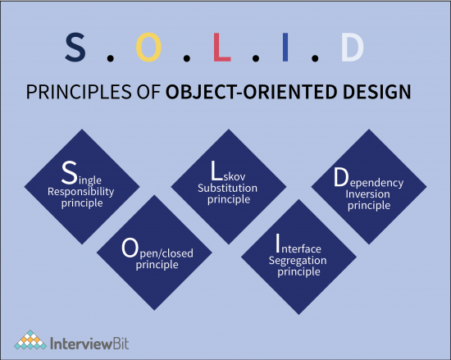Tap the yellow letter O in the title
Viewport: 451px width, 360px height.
[x=148, y=48]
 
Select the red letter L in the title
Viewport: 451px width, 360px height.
[x=221, y=48]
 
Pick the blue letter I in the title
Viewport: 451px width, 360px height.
[x=285, y=48]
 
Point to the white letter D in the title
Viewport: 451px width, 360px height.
[x=352, y=48]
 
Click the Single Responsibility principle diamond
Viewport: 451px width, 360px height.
[x=85, y=186]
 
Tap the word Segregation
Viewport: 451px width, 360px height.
[x=298, y=260]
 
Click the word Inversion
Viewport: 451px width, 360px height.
[x=371, y=194]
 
